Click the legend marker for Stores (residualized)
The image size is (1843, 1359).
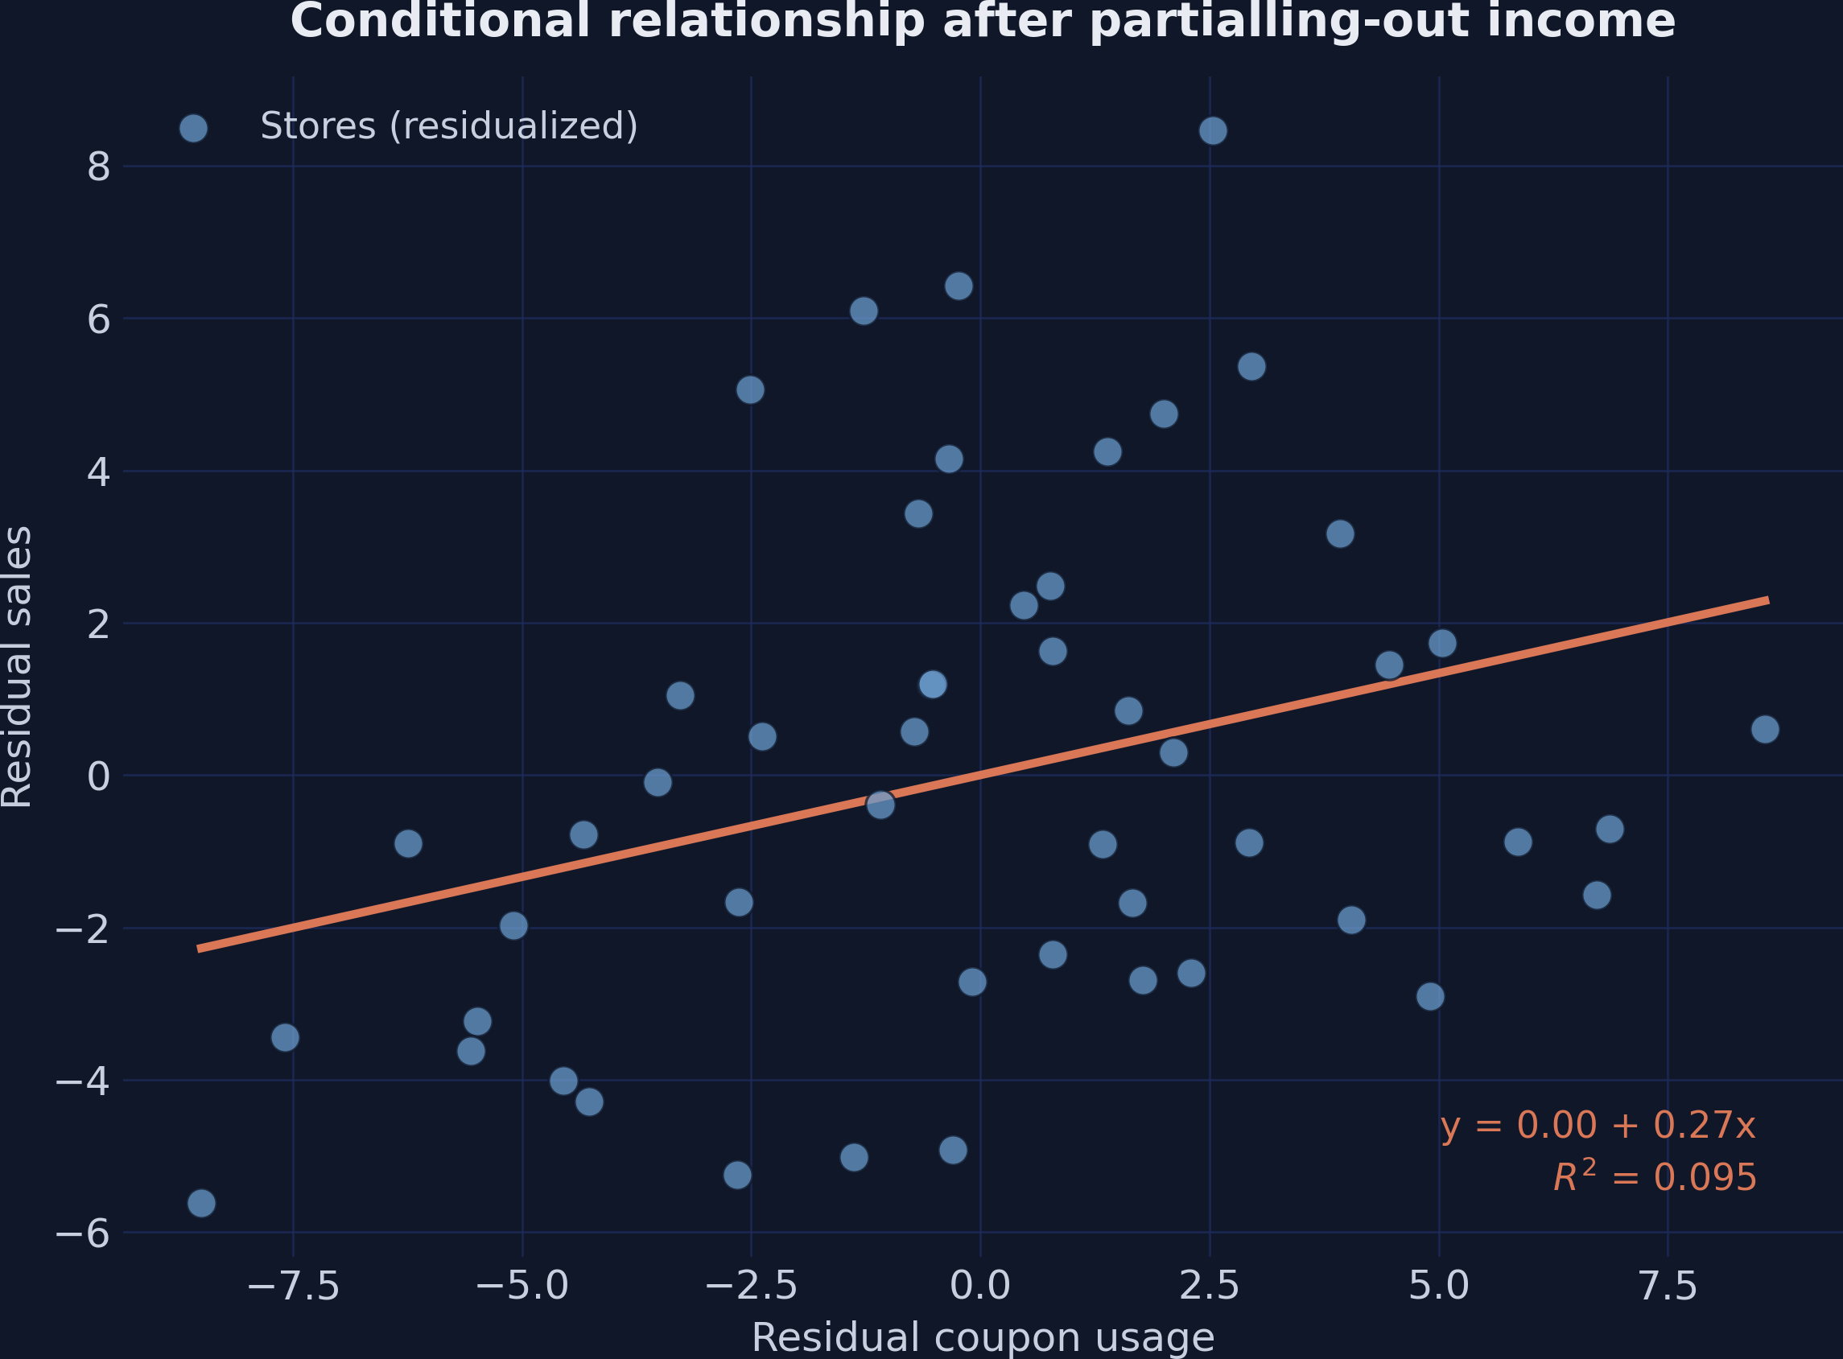pos(192,127)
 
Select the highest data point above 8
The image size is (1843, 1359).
pos(1213,131)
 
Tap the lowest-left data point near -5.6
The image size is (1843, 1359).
pos(201,1204)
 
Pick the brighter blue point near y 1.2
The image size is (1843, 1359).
pos(932,685)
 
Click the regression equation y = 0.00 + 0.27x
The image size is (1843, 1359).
pos(1598,1126)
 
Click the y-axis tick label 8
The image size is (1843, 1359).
pos(98,167)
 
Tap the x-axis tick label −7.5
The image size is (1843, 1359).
pos(293,1287)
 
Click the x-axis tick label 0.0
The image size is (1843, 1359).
pos(980,1287)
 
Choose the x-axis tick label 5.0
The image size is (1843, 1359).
pos(1438,1287)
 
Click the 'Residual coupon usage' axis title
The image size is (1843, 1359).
pos(983,1337)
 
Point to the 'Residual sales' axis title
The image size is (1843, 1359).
pos(18,667)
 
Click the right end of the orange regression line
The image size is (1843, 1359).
pos(1767,600)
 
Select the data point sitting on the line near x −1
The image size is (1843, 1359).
pos(880,805)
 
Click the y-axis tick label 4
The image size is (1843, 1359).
pos(98,472)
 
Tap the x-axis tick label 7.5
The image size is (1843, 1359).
pos(1668,1287)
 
